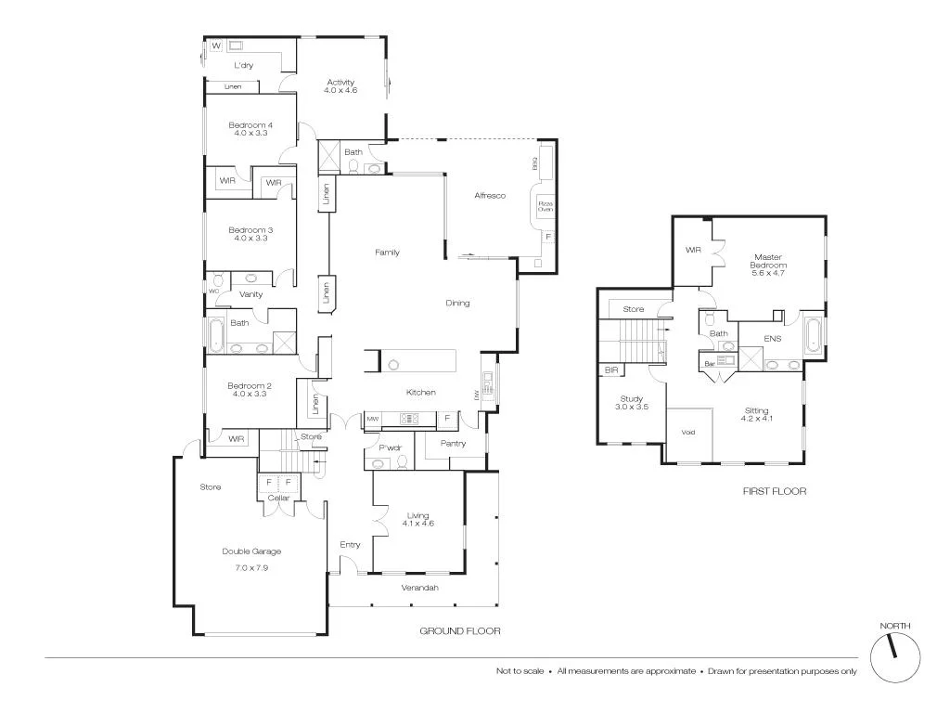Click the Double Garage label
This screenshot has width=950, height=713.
click(x=250, y=551)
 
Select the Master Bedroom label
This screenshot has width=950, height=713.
click(x=768, y=262)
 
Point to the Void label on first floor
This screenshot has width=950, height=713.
click(x=687, y=433)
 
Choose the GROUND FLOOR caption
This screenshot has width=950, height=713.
click(x=460, y=631)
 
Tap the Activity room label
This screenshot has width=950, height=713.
click(x=340, y=84)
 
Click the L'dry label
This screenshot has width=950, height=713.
click(x=243, y=66)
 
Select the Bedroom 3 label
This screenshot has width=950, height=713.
click(x=250, y=229)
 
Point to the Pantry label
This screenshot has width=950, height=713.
click(x=453, y=444)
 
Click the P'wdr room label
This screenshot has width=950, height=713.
click(x=389, y=447)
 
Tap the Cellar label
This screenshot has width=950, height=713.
click(x=278, y=499)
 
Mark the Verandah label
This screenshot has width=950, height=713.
click(x=419, y=589)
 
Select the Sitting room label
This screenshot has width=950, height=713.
click(x=756, y=410)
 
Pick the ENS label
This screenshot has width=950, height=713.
click(x=772, y=339)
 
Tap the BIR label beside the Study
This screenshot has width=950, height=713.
click(x=610, y=370)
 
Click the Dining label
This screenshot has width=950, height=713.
click(x=457, y=303)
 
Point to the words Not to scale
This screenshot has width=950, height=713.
click(x=520, y=671)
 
